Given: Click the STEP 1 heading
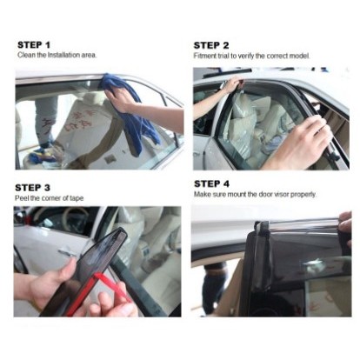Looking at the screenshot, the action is [x=34, y=45].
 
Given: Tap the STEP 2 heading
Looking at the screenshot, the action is [x=211, y=45].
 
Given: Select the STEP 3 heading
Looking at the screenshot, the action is [x=32, y=188].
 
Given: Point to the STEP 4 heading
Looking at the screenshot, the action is [x=211, y=183].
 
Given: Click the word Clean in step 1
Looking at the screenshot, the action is [x=26, y=55].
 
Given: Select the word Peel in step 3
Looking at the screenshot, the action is [x=22, y=198].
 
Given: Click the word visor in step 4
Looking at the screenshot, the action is [x=281, y=194].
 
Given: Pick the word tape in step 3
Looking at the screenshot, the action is [x=77, y=198].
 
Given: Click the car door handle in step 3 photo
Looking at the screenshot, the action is [x=67, y=253].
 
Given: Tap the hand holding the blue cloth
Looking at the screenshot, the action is [x=120, y=100].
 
